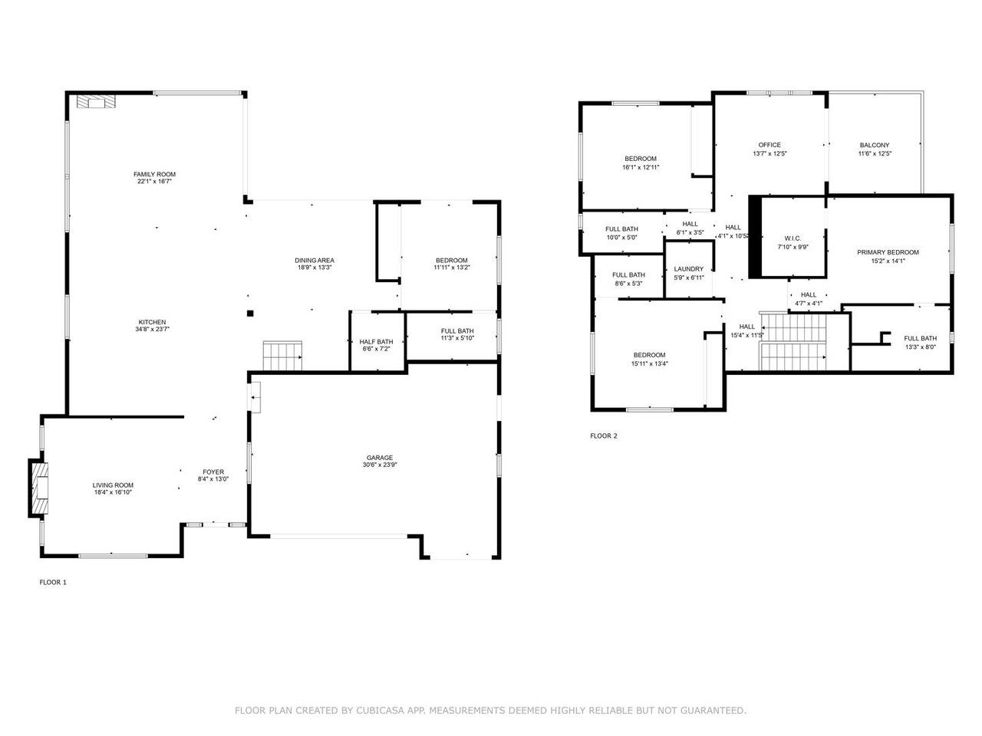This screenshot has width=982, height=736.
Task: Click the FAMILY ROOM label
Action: pos(154,174)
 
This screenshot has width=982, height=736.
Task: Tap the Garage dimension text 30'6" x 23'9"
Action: pos(380,465)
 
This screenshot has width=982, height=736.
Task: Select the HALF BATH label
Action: pos(376,342)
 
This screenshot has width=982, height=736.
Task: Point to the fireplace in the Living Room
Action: pos(38,488)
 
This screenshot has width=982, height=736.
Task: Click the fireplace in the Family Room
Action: pos(96,101)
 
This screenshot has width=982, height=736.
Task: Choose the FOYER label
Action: pos(213,472)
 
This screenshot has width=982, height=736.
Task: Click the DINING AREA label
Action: pos(315,261)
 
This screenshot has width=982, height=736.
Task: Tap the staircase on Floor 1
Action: pos(282,356)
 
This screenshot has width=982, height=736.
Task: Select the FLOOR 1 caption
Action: pos(53,582)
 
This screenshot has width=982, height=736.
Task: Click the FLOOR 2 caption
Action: pos(604,435)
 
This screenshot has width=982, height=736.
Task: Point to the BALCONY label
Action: pos(875,145)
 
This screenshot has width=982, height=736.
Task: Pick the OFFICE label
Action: pos(769,145)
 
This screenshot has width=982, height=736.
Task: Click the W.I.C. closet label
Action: pos(793,238)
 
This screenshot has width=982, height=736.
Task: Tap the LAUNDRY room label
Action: pos(688,269)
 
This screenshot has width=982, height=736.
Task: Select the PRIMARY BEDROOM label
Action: pos(888,252)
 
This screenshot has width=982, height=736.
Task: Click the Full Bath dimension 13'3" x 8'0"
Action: pos(921,347)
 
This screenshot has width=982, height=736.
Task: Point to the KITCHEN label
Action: pos(152,322)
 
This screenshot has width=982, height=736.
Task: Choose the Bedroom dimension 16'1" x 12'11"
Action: pos(641,168)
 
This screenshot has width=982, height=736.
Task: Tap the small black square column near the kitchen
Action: pos(250,314)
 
